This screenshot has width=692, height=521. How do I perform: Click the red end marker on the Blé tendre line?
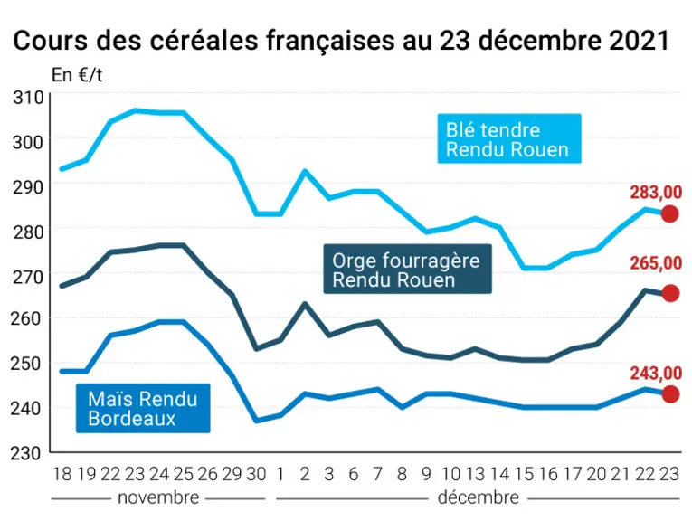[669, 214]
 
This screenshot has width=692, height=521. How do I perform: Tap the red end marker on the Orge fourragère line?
[670, 293]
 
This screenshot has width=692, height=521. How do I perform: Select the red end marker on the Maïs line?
[670, 394]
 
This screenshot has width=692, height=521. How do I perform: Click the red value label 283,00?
[656, 193]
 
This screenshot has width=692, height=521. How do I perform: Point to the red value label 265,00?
[656, 263]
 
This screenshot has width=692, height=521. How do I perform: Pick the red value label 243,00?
[656, 374]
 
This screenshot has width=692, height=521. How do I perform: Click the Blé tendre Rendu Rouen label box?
[509, 138]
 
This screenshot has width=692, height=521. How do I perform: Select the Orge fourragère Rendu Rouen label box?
[407, 269]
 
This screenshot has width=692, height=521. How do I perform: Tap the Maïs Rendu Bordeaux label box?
[143, 408]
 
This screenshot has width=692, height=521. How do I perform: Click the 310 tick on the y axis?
[29, 98]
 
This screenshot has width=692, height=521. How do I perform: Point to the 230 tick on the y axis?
[26, 453]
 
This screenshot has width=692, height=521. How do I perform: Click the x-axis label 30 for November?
[256, 474]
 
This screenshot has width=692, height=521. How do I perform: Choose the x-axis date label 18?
[62, 474]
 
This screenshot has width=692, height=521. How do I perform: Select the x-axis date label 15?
[524, 474]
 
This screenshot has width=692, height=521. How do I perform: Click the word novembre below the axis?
[158, 497]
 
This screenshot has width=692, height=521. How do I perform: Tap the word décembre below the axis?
[479, 497]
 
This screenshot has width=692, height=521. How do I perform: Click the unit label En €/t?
[77, 75]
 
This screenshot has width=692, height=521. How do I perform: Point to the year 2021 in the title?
[640, 41]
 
